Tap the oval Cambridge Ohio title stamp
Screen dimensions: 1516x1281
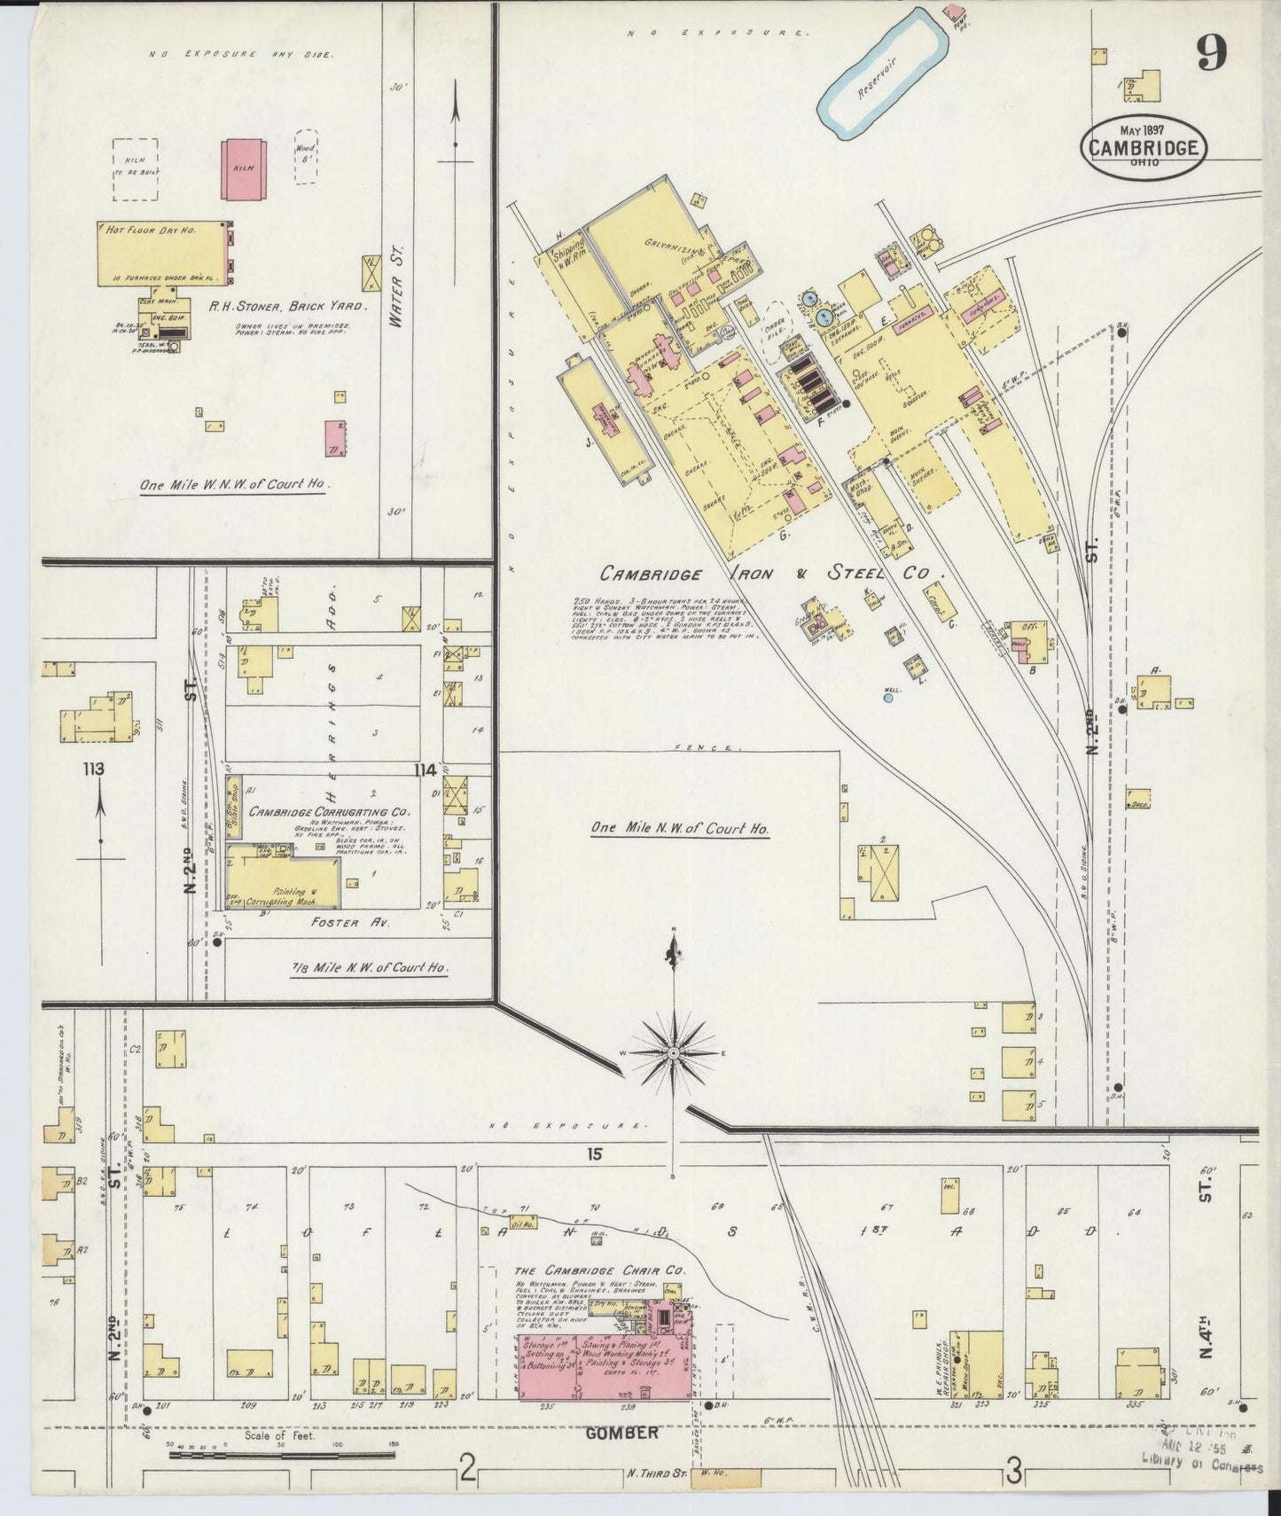click(x=1143, y=148)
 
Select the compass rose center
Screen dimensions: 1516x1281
click(x=673, y=1052)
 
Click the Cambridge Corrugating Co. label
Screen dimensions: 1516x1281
click(x=328, y=811)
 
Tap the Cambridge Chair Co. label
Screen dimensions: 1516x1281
click(x=600, y=1270)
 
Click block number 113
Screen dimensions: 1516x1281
click(x=93, y=769)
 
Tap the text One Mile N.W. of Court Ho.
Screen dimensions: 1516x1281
click(x=679, y=828)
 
